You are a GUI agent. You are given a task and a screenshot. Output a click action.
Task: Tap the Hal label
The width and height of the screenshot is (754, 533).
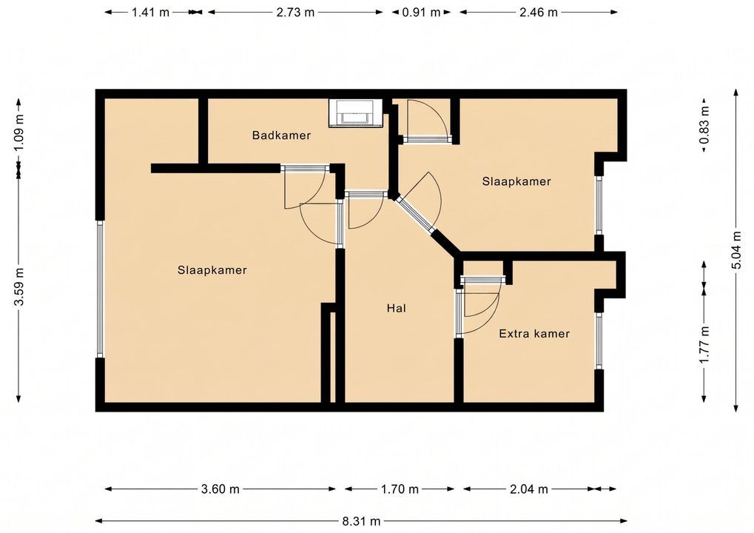click(396, 308)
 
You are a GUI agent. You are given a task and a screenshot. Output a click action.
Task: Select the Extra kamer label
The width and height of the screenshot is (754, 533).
click(533, 333)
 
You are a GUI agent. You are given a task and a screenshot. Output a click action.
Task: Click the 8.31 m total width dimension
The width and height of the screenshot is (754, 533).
click(361, 521)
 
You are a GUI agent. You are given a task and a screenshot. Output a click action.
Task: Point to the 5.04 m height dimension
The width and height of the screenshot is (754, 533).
click(736, 251)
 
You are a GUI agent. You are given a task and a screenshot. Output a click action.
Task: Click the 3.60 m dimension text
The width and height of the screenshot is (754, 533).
click(220, 489)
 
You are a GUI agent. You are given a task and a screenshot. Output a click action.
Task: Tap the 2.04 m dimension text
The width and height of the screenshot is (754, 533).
click(528, 489)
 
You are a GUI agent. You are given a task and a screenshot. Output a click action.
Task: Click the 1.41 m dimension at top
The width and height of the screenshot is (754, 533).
click(150, 12)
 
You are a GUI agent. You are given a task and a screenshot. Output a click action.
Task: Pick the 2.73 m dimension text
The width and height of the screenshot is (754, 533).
click(295, 12)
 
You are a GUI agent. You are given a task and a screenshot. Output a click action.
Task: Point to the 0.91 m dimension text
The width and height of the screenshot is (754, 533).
click(421, 12)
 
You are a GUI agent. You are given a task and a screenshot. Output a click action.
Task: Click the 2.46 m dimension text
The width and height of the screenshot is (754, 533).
click(538, 12)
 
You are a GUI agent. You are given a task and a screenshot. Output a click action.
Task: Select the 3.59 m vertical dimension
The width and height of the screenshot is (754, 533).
click(18, 286)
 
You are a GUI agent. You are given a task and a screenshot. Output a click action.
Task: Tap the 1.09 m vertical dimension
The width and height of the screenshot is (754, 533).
click(18, 131)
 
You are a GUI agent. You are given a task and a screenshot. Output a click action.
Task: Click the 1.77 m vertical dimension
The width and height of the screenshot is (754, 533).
click(704, 345)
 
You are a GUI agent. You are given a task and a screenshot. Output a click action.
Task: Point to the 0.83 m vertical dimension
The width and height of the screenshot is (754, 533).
click(704, 124)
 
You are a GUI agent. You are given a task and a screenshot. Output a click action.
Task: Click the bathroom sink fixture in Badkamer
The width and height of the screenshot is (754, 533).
click(356, 113)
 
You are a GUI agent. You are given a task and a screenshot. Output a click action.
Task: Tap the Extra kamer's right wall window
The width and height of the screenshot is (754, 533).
click(599, 341)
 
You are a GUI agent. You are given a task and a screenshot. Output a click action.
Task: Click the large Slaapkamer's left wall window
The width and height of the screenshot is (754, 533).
click(100, 289)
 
